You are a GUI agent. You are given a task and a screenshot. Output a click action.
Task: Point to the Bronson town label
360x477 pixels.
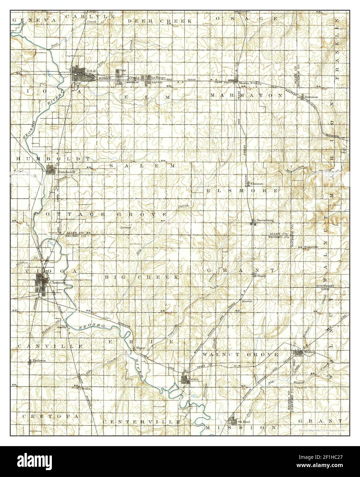click(312, 97)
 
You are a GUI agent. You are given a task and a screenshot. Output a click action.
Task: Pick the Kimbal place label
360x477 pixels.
click(247, 301)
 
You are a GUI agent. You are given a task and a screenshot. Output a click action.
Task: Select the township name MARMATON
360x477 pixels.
click(246, 95)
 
